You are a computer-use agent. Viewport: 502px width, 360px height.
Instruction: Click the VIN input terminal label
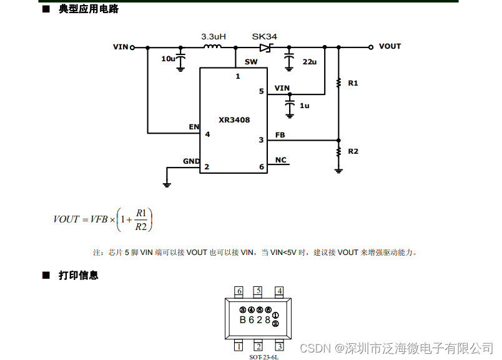click(121, 47)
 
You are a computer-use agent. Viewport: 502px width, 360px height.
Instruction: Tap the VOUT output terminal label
click(390, 46)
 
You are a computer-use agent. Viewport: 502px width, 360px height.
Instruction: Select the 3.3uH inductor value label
click(213, 37)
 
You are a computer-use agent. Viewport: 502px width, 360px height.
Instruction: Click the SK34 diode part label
click(264, 37)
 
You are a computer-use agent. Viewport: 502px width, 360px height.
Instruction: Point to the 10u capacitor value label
click(168, 59)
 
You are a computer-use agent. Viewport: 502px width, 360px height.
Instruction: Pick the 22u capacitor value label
click(309, 62)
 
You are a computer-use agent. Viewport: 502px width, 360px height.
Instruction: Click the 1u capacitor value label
click(304, 106)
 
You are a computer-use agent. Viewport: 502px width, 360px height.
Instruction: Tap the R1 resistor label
click(353, 82)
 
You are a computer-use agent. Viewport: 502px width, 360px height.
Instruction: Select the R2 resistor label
click(353, 151)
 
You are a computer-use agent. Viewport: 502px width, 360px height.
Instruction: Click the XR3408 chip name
click(234, 120)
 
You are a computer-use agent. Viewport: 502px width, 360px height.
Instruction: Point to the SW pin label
click(251, 62)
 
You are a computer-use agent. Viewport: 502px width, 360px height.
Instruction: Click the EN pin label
click(194, 127)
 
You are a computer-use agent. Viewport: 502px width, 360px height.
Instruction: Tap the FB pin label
click(280, 135)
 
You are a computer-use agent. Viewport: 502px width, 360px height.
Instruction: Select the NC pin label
click(280, 160)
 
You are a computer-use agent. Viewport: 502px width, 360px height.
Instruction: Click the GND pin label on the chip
click(191, 161)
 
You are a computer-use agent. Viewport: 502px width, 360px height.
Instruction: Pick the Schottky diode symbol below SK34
click(265, 47)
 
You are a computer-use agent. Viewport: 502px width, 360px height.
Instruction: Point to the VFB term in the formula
click(99, 219)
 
